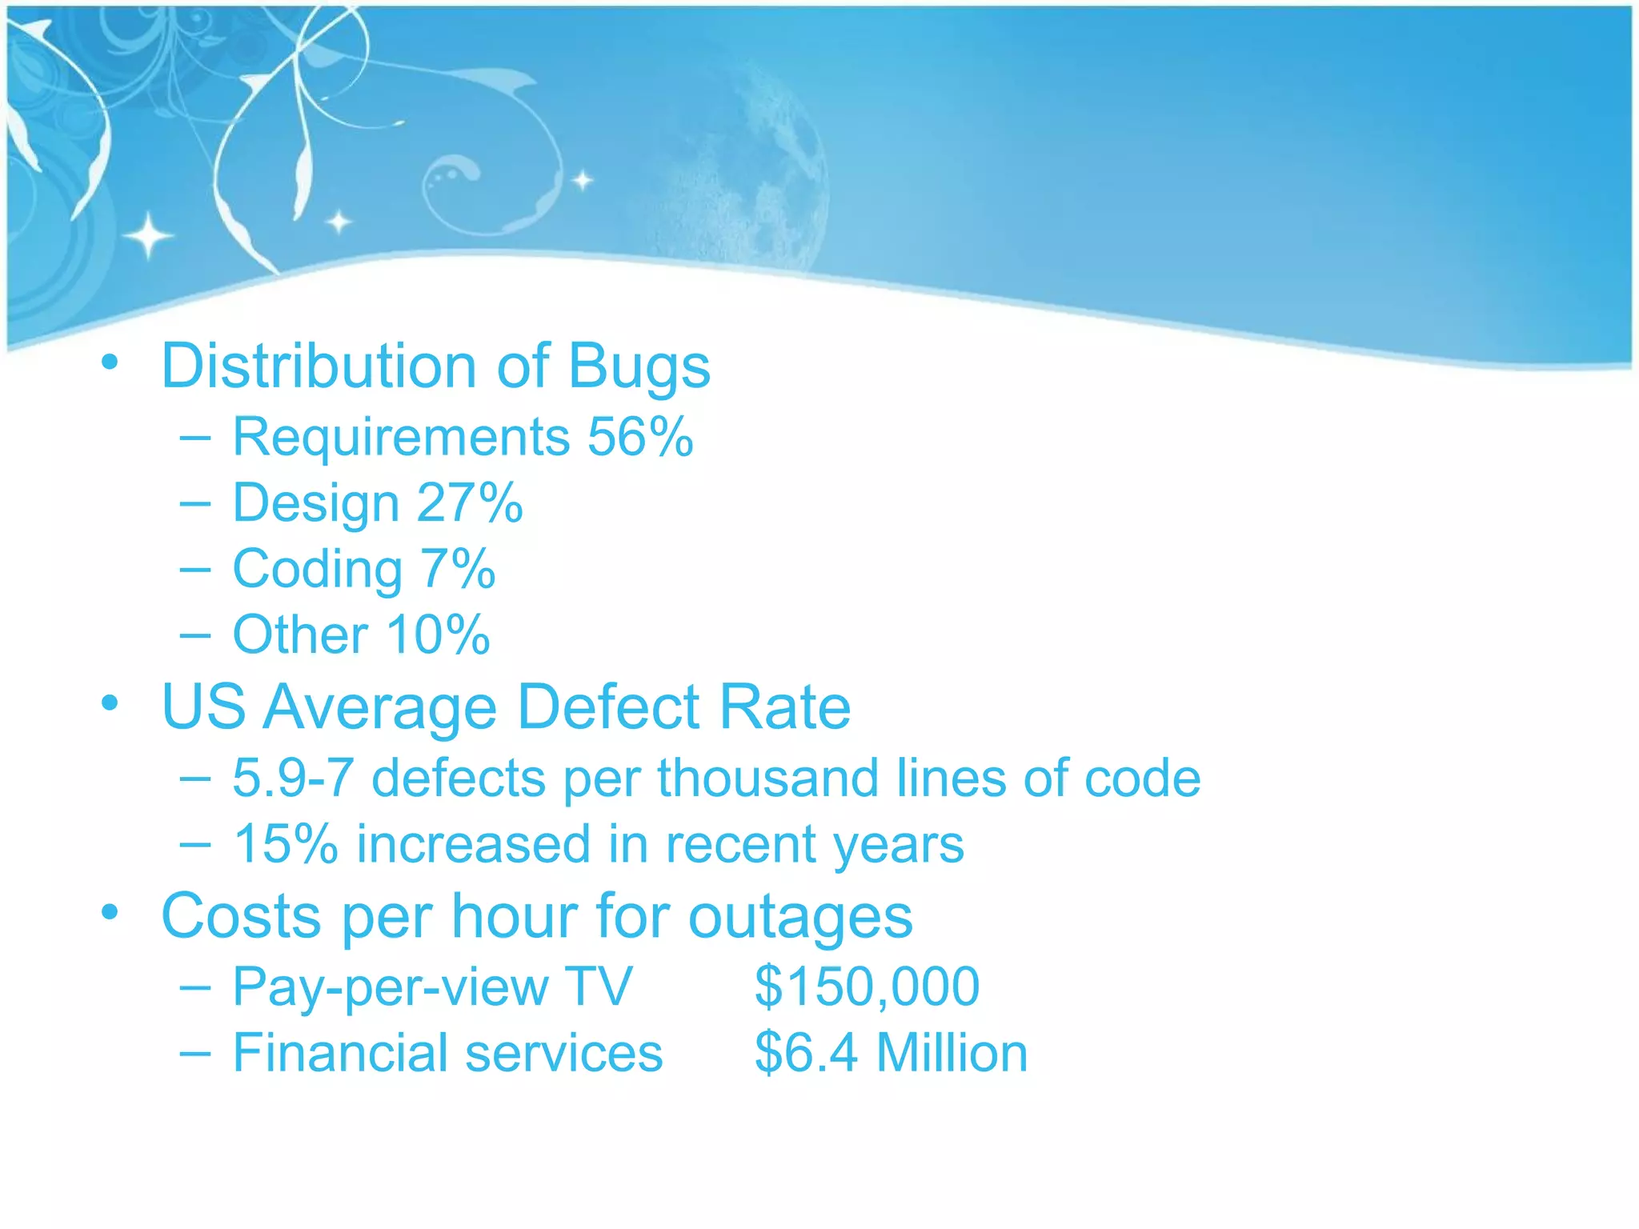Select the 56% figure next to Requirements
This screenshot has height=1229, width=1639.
pyautogui.click(x=640, y=437)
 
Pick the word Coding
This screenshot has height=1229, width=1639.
pyautogui.click(x=318, y=570)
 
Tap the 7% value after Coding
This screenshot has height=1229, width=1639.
pyautogui.click(x=458, y=569)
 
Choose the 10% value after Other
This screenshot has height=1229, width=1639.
pyautogui.click(x=438, y=635)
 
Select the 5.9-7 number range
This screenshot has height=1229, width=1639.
pyautogui.click(x=293, y=778)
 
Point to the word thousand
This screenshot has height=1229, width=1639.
pyautogui.click(x=768, y=778)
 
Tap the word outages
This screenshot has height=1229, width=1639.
pyautogui.click(x=800, y=917)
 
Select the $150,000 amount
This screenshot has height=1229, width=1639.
pyautogui.click(x=867, y=986)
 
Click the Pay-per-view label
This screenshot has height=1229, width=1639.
pyautogui.click(x=390, y=987)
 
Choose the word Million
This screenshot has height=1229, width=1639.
pyautogui.click(x=952, y=1052)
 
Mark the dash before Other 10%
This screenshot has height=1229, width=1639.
pyautogui.click(x=195, y=635)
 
